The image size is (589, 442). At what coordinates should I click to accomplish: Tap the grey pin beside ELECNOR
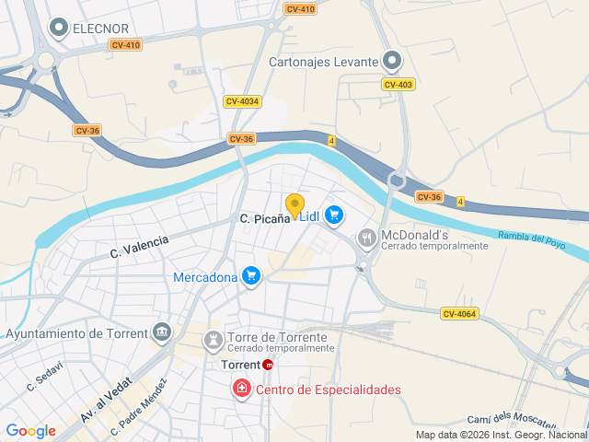(60, 29)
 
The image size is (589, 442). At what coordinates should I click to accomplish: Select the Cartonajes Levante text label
(323, 62)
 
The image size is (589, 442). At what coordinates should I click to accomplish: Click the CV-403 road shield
(398, 84)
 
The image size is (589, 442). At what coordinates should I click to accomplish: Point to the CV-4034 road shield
(242, 101)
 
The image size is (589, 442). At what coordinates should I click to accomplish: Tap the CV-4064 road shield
(459, 314)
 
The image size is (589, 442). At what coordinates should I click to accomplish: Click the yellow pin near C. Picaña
(294, 205)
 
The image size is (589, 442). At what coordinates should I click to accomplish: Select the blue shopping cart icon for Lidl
(334, 215)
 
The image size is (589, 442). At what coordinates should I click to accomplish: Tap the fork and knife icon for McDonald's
(367, 239)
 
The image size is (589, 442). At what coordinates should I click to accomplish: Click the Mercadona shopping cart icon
(250, 276)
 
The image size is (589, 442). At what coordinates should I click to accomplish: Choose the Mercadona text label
(204, 276)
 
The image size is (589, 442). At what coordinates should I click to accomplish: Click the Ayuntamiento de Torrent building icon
(163, 331)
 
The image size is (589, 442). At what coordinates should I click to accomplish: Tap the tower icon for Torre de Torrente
(214, 341)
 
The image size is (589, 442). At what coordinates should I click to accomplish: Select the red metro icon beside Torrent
(268, 365)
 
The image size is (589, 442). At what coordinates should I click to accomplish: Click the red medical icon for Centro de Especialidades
(241, 389)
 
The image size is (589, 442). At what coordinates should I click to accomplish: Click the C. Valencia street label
(140, 246)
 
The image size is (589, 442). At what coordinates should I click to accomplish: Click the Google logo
(31, 430)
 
